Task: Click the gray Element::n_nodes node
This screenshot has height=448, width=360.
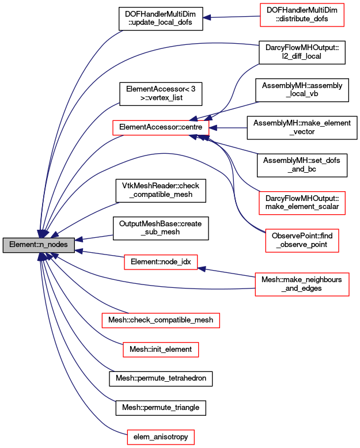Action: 39,245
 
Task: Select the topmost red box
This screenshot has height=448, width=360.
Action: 302,15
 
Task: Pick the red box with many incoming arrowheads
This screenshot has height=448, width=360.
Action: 161,128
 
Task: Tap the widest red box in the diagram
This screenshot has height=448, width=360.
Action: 161,320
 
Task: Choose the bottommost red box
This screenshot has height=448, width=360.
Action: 161,437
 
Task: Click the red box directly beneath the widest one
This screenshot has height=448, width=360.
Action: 161,350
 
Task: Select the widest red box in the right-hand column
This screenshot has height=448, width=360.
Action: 302,284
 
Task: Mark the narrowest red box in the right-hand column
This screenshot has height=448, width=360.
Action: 302,241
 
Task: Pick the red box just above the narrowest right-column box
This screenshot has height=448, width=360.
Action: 302,203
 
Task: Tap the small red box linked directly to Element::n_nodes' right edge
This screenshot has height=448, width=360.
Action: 161,262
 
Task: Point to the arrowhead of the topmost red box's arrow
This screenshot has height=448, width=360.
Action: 206,18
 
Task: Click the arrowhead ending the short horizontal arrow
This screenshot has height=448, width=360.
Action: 213,128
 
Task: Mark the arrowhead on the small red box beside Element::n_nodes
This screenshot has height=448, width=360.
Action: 202,268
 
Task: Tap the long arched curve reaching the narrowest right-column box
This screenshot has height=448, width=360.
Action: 164,154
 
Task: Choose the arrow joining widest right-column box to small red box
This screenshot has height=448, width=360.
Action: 228,272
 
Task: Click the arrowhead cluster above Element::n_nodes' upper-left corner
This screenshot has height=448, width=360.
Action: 42,233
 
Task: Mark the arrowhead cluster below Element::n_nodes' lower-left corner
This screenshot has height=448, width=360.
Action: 42,257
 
